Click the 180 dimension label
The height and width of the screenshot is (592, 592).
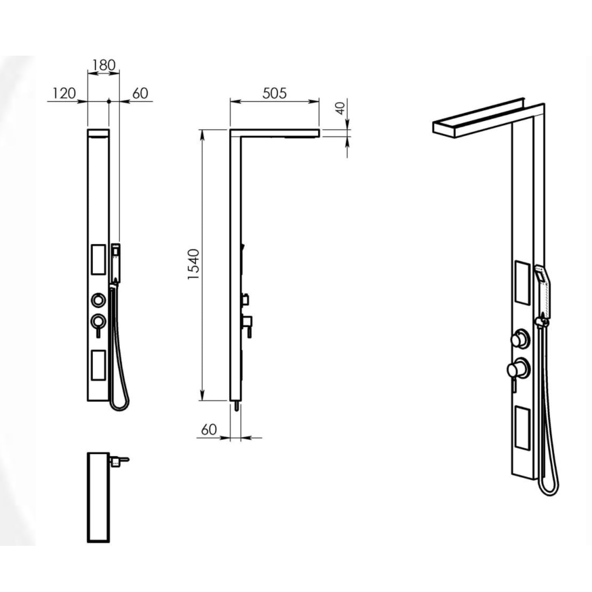point(104,65)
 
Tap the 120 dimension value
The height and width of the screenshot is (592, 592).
point(64,94)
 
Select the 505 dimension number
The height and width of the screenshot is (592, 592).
point(275,93)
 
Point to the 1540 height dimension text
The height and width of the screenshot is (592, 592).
point(194,264)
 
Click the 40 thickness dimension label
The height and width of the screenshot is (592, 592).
point(341,108)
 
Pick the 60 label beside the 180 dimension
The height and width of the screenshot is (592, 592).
point(140,93)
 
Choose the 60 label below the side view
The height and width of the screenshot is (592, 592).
point(209,429)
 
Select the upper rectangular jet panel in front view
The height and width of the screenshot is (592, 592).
point(98,259)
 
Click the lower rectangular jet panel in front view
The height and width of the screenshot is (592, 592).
point(98,365)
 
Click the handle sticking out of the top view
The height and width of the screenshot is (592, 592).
point(119,460)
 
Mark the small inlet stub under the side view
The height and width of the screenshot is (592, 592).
point(236,406)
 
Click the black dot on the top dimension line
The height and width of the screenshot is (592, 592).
point(109,101)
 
